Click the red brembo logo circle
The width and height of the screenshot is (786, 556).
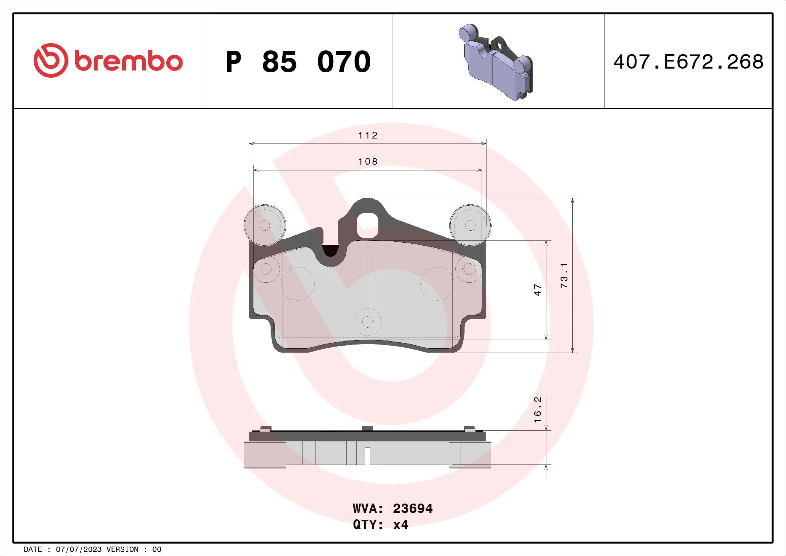click(51, 60)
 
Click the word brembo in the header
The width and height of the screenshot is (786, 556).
click(128, 61)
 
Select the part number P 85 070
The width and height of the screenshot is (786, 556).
click(298, 62)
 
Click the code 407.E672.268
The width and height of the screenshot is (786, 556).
click(688, 62)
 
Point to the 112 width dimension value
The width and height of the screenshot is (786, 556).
click(368, 135)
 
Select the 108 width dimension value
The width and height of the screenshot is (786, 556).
click(368, 161)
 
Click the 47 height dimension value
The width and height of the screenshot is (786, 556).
click(538, 290)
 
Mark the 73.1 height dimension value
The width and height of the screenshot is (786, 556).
click(564, 275)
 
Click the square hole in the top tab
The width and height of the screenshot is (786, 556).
click(367, 225)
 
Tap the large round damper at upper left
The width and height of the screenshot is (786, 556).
click(265, 225)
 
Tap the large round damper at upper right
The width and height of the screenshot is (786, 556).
click(470, 225)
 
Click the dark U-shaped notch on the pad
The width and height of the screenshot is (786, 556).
click(330, 251)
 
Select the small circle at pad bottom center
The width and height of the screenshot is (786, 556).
click(367, 321)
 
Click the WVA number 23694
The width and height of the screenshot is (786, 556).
click(413, 508)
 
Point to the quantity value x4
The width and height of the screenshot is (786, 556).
click(401, 524)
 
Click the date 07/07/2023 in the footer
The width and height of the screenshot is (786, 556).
click(78, 549)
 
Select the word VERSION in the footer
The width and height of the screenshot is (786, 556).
click(122, 549)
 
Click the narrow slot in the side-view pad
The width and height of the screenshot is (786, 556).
click(367, 456)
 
